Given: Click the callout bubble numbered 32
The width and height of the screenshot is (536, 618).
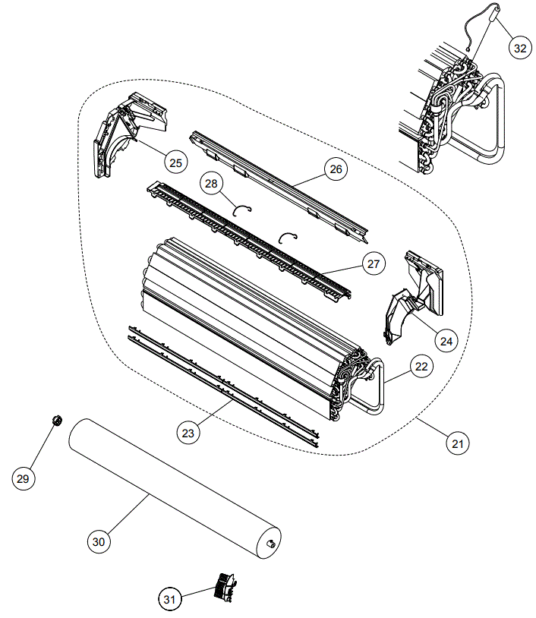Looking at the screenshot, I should point(519,48).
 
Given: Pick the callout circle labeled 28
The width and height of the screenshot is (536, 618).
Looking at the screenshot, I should point(211,184).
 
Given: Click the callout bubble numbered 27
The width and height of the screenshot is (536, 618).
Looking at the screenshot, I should point(373,264).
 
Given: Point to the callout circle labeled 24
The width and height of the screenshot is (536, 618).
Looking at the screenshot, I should point(446,342).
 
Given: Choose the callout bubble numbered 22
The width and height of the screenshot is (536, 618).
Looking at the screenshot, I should point(421,366).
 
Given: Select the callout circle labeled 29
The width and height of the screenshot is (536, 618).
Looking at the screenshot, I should point(24,478).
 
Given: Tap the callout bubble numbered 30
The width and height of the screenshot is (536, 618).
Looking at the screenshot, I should point(98,541).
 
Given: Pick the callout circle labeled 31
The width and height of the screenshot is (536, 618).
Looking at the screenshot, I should point(170,600).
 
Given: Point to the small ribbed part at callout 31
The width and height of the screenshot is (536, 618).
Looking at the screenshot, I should point(224,586).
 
